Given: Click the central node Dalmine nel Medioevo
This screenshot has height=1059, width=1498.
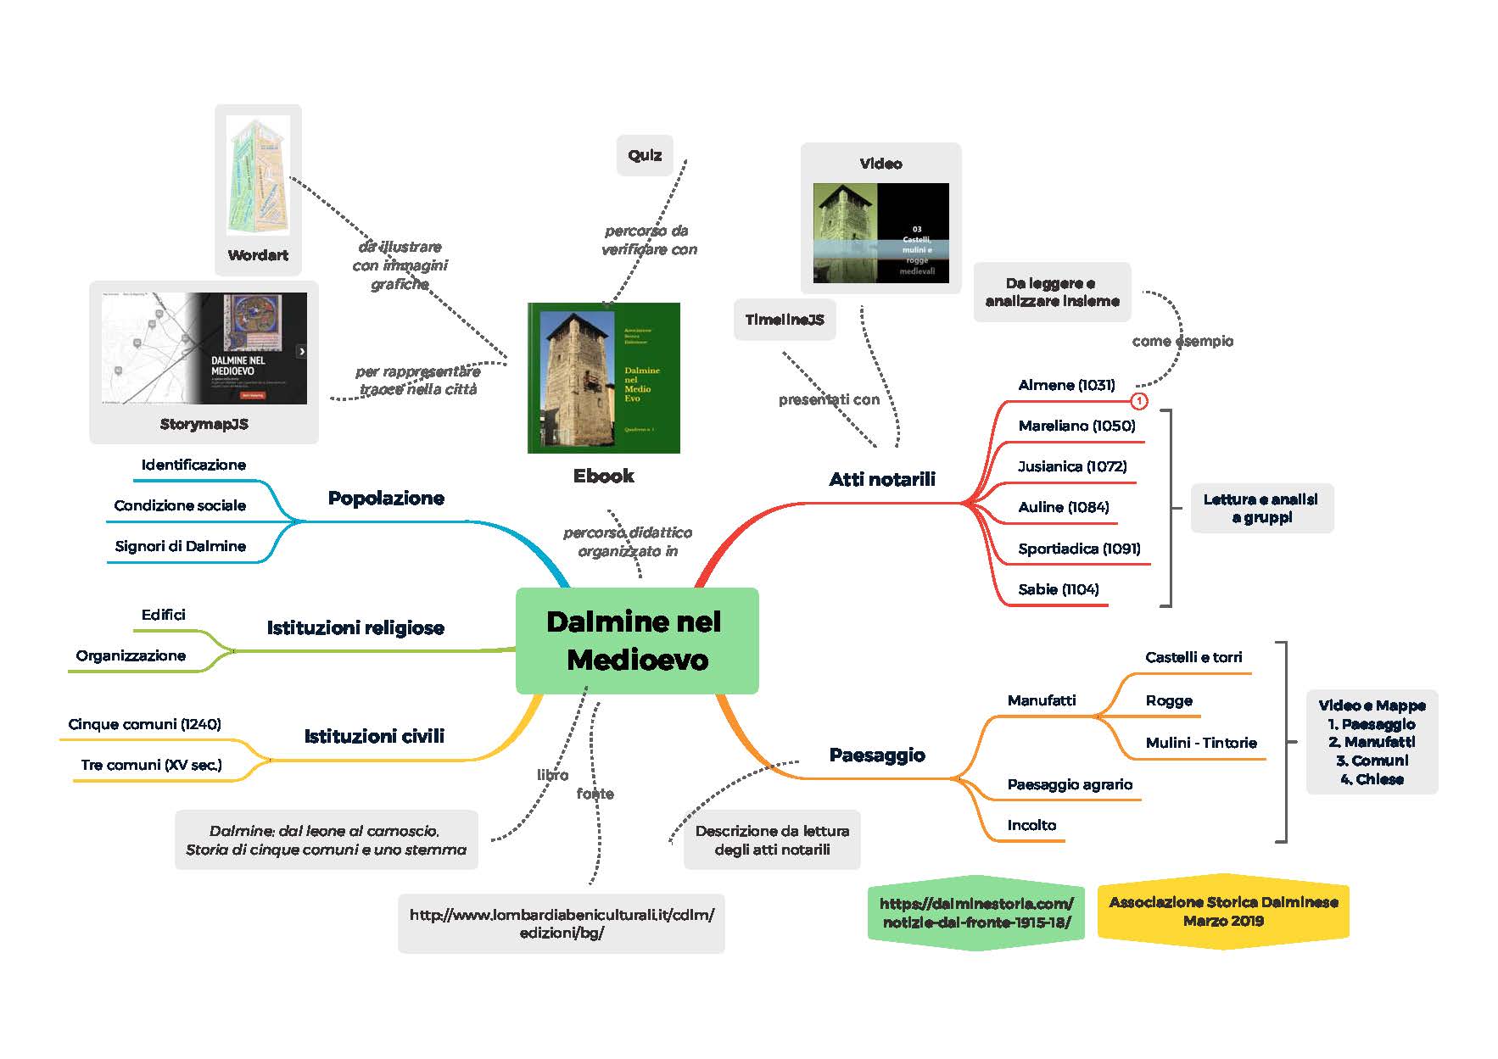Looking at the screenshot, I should (636, 641).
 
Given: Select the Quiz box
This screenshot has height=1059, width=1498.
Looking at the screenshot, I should (645, 155).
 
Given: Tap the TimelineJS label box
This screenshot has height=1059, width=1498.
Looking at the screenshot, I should (785, 320).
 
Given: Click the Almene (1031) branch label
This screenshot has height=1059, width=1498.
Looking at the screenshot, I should (1066, 385).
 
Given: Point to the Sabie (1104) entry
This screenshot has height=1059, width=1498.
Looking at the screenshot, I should (1059, 589).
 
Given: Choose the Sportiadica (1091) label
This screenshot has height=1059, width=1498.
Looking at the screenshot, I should (1079, 549).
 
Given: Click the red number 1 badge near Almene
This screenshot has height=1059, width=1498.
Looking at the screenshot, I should (1139, 401).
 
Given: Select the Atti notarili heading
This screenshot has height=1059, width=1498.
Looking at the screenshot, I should (882, 479).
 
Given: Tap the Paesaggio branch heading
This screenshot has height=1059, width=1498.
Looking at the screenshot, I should (877, 755).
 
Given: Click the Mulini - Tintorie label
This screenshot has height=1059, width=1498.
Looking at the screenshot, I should (1201, 743).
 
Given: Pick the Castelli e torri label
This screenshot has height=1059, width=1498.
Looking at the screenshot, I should (1193, 657).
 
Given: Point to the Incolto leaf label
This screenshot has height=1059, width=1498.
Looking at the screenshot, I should (1031, 825).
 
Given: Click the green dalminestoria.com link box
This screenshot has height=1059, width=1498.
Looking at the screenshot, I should (976, 912).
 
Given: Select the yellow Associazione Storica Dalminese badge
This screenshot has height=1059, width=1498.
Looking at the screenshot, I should (1223, 911).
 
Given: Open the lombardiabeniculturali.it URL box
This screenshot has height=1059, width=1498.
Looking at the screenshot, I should (562, 923).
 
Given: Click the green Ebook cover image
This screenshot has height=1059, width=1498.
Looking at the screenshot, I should (604, 377).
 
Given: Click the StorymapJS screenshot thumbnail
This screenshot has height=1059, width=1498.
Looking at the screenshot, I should (204, 348).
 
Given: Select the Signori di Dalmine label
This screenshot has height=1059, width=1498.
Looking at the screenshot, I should (181, 546).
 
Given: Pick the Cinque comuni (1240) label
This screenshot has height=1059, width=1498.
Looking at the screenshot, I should (144, 724).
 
